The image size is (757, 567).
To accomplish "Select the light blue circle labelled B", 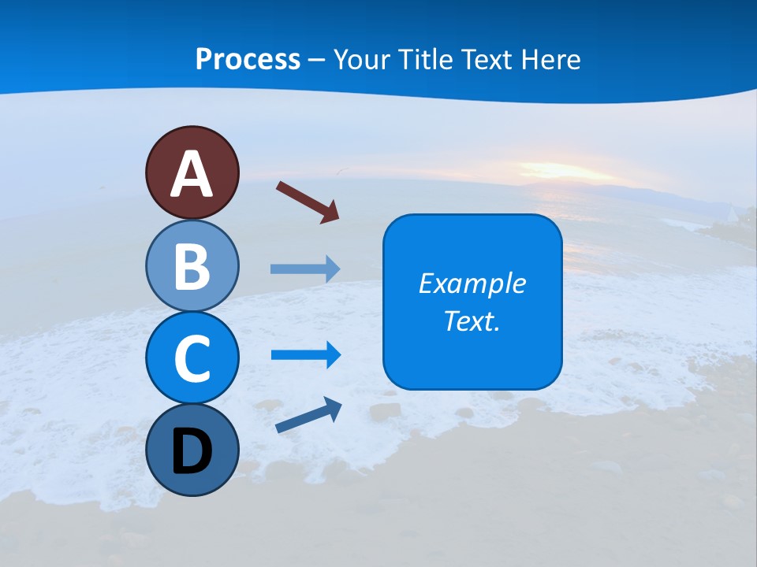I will [x=192, y=266].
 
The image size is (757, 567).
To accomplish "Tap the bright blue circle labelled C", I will [x=192, y=358].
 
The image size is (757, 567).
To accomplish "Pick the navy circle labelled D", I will [x=192, y=450].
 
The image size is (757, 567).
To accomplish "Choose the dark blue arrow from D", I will [x=308, y=415].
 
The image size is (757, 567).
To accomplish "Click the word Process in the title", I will [x=248, y=59].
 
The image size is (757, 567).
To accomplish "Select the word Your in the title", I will [x=359, y=59].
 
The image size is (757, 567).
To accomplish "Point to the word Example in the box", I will [x=472, y=283].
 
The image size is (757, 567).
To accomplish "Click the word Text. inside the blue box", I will [x=472, y=321].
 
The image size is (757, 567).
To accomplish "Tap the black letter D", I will [x=192, y=452].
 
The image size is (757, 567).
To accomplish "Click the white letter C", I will [x=192, y=359].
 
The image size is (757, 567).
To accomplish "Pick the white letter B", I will [x=192, y=267].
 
